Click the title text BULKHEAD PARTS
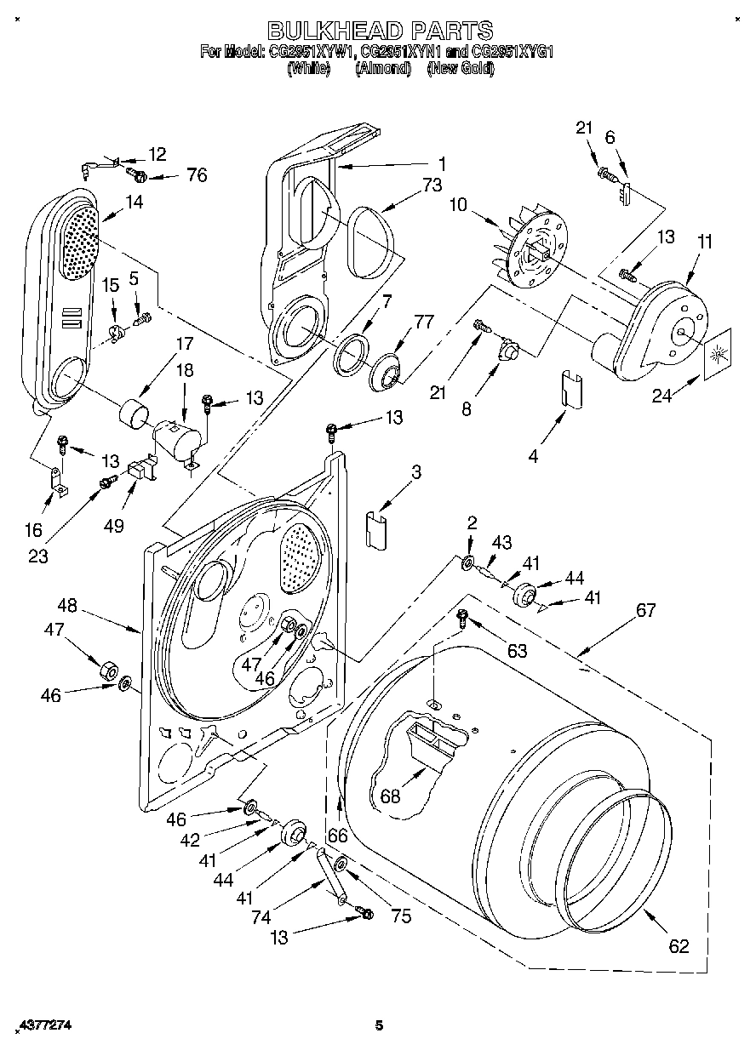pos(380,31)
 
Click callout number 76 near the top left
pos(197,176)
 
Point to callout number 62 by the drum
pos(678,945)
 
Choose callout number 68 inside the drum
pos(391,796)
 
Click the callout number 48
pos(67,606)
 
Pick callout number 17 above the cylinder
pos(184,344)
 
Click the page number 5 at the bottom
pos(379,1025)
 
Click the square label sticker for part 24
pos(717,348)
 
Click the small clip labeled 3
pos(375,530)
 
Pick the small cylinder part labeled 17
pos(133,414)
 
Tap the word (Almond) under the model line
pos(382,69)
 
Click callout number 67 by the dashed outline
pos(646,610)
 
